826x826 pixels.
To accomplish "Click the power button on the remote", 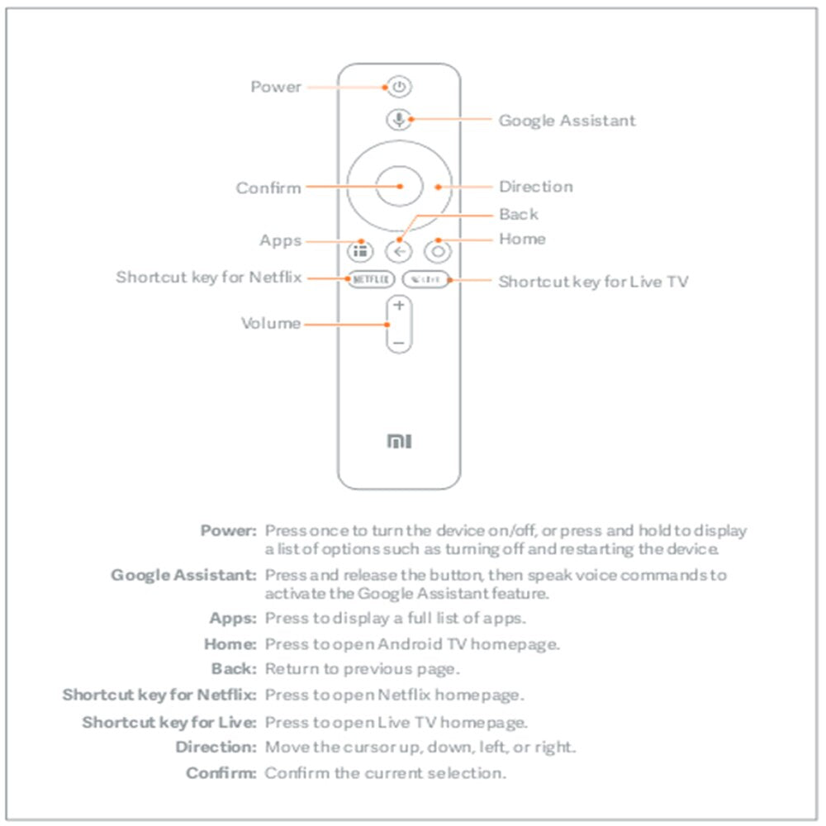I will pyautogui.click(x=399, y=87).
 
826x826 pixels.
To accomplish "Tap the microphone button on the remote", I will pyautogui.click(x=399, y=120).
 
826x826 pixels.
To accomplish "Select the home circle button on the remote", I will pyautogui.click(x=438, y=251).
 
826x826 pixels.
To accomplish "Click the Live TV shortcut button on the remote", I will pyautogui.click(x=426, y=280).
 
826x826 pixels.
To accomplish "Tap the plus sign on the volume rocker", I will pyautogui.click(x=399, y=306).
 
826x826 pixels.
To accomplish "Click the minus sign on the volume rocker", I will pyautogui.click(x=399, y=341).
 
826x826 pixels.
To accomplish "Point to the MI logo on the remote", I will pyautogui.click(x=399, y=443).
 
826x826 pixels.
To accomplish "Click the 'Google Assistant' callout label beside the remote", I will pyautogui.click(x=567, y=121).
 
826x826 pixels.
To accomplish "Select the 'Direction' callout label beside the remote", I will pyautogui.click(x=535, y=187).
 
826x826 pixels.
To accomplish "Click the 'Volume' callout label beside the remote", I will pyautogui.click(x=271, y=323).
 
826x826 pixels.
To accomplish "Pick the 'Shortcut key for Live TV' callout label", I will pyautogui.click(x=593, y=282).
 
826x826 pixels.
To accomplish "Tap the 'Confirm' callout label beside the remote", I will pyautogui.click(x=268, y=188).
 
